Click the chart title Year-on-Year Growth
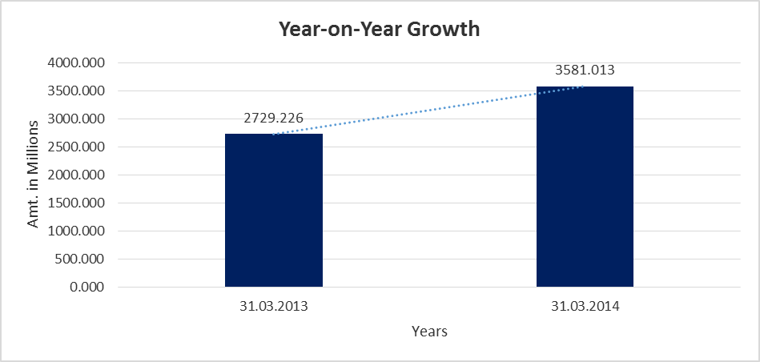pyautogui.click(x=379, y=30)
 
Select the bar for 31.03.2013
pyautogui.click(x=274, y=210)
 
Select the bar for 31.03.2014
pyautogui.click(x=585, y=186)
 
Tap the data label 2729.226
pyautogui.click(x=274, y=119)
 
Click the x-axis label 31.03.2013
pyautogui.click(x=274, y=307)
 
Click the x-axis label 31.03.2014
pyautogui.click(x=585, y=307)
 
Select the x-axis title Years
pyautogui.click(x=429, y=331)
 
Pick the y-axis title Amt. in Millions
pyautogui.click(x=34, y=174)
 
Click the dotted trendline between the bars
pyautogui.click(x=429, y=110)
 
